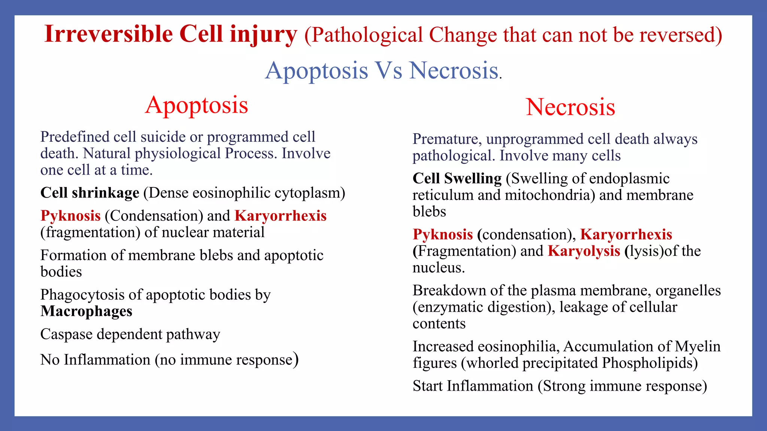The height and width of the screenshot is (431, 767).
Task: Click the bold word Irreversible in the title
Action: click(109, 34)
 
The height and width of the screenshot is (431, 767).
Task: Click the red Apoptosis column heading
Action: click(197, 105)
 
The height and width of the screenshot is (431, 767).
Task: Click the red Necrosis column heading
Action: click(570, 107)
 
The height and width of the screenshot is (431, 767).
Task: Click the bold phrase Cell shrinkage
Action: click(90, 193)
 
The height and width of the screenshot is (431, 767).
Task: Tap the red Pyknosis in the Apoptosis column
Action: click(70, 216)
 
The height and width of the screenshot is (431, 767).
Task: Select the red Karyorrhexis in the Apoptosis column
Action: click(281, 216)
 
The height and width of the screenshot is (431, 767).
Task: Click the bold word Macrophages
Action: click(86, 311)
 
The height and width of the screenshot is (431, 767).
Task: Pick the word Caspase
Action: click(66, 334)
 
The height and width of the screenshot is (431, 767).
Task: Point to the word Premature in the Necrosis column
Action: click(445, 139)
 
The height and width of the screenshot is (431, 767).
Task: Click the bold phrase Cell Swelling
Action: click(457, 178)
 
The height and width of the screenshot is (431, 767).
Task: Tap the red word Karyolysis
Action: click(584, 251)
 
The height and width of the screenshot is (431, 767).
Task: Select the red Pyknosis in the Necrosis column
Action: click(443, 235)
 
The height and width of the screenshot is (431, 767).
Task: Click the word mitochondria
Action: click(547, 195)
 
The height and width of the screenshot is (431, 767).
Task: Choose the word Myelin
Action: click(697, 346)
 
